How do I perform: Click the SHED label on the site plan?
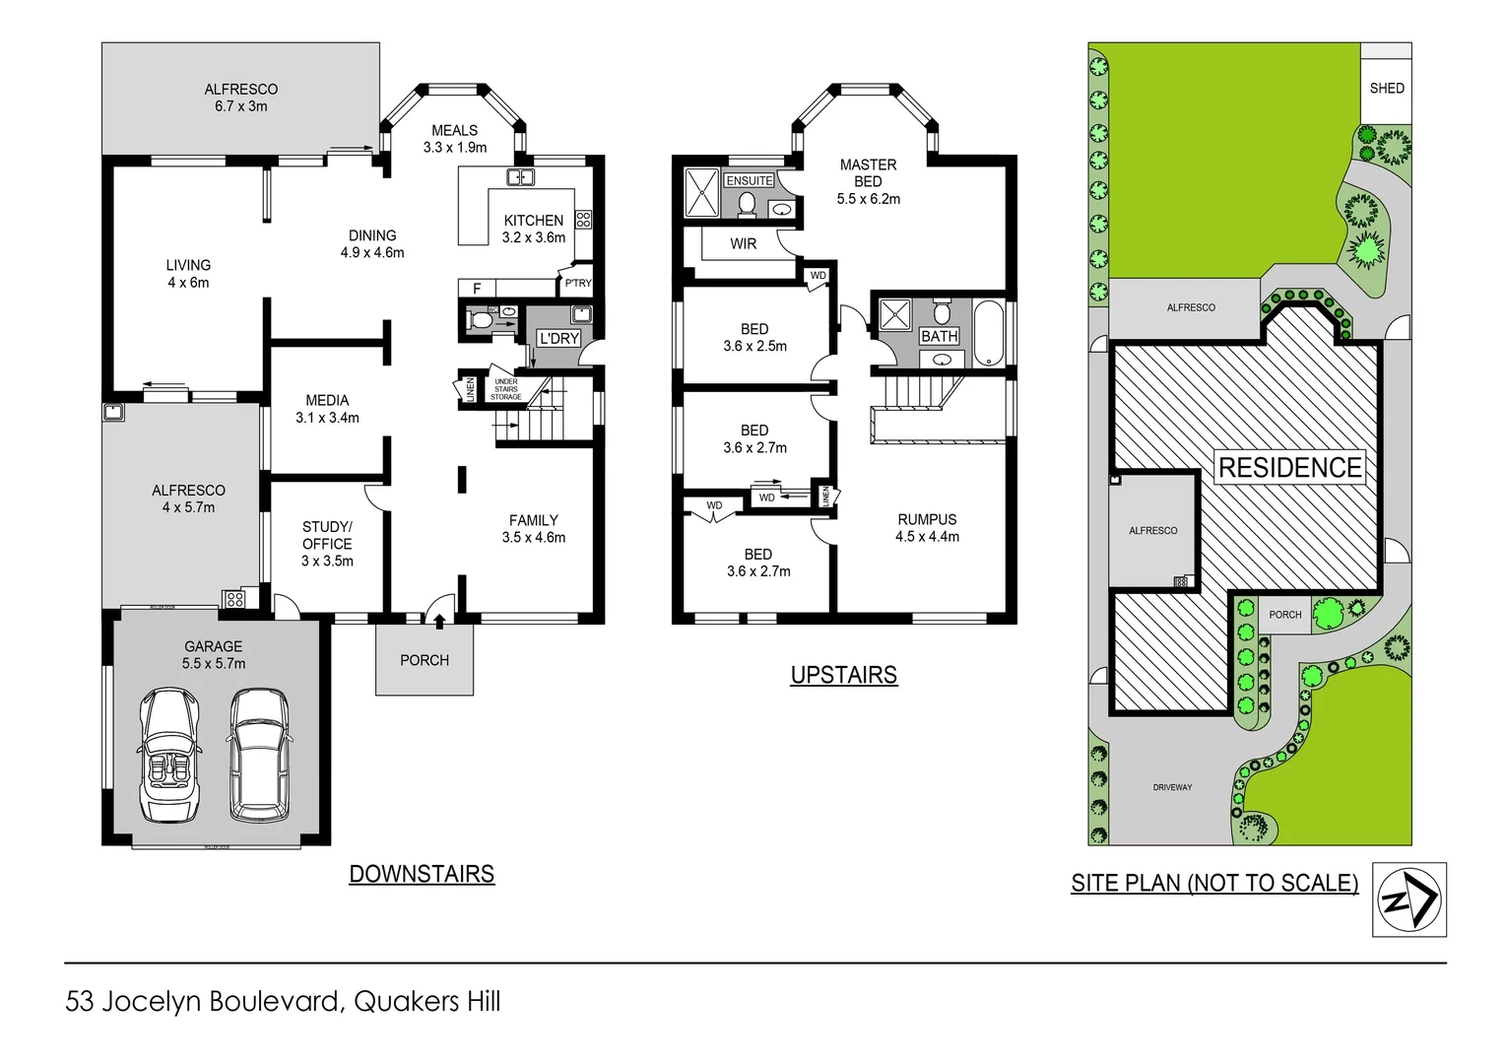click(x=1386, y=89)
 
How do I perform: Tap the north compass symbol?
click(x=1408, y=898)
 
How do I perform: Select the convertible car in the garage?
click(x=169, y=756)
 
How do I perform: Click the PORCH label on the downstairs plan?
click(x=425, y=660)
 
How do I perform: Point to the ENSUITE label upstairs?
click(x=750, y=180)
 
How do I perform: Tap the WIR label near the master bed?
click(x=744, y=243)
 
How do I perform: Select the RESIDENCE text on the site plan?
click(x=1290, y=468)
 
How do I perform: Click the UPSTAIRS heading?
click(x=844, y=675)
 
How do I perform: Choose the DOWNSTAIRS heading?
click(x=422, y=874)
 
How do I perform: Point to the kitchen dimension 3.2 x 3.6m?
click(x=534, y=237)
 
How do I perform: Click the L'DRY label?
click(x=558, y=338)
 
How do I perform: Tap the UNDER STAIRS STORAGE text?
click(x=506, y=389)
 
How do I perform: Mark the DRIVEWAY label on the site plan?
click(x=1172, y=787)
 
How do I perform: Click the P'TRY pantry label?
click(x=578, y=283)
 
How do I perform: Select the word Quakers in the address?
click(x=406, y=1002)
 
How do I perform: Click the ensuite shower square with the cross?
click(x=702, y=192)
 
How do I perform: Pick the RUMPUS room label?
click(x=927, y=519)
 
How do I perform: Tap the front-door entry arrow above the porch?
click(x=439, y=620)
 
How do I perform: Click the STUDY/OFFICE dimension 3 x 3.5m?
click(x=327, y=561)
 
